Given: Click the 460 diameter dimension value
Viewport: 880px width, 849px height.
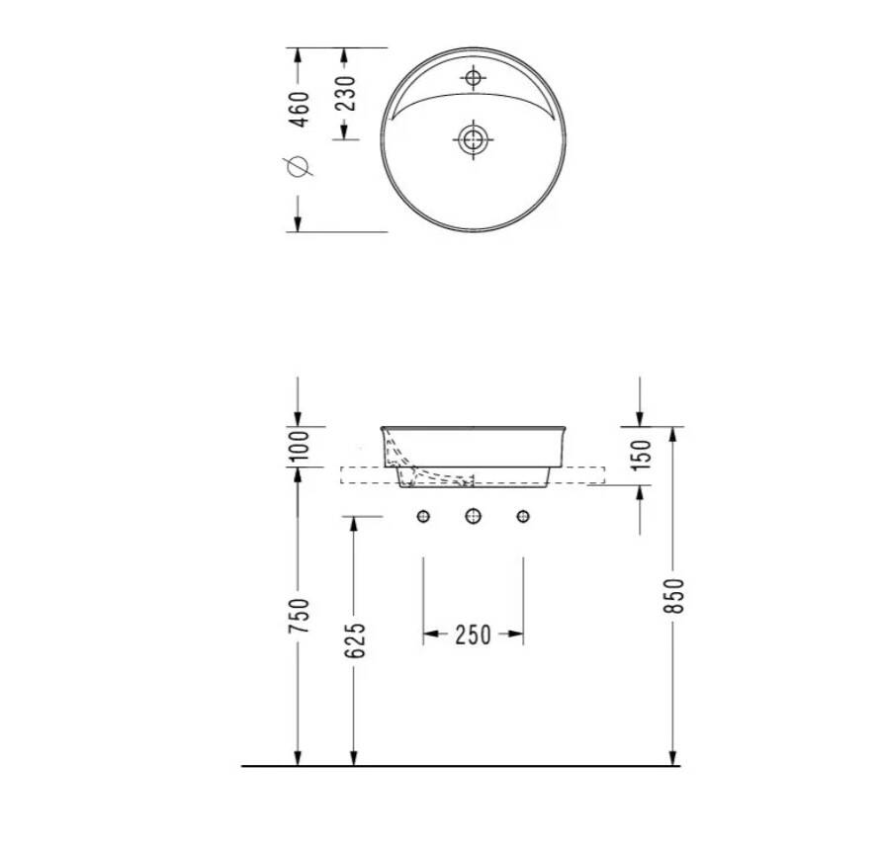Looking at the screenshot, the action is click(301, 109).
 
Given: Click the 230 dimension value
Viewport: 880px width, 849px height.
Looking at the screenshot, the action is click(347, 93).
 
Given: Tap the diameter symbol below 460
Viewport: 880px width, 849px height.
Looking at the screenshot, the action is click(298, 166).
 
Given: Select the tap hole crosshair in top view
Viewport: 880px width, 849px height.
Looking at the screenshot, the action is click(473, 77).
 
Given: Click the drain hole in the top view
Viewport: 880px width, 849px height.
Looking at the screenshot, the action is click(473, 138).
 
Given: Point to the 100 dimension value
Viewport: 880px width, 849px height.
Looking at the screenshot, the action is click(301, 446).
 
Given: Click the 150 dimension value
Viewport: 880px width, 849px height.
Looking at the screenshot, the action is click(642, 455).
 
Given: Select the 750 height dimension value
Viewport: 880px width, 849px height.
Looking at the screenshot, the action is click(300, 616).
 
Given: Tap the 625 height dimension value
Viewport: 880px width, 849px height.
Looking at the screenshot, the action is click(355, 640).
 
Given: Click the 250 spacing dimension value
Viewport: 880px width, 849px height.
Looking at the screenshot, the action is click(473, 635).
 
